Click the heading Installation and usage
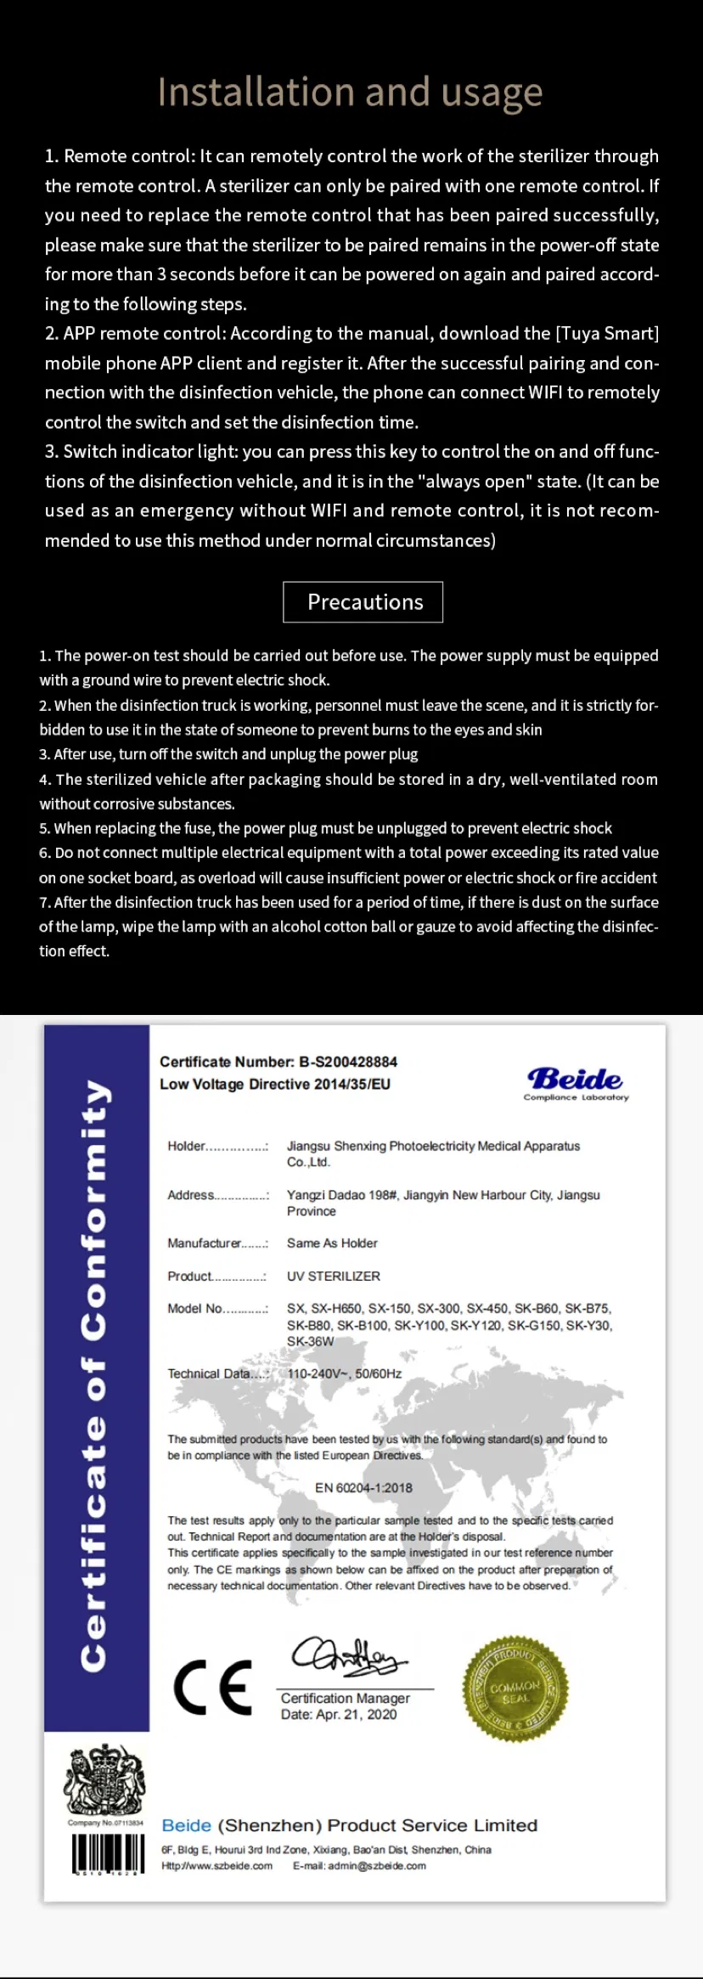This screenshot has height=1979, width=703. [350, 93]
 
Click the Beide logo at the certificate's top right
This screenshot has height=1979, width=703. [576, 1082]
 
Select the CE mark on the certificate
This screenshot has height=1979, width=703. [212, 1688]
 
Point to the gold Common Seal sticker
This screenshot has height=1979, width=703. [515, 1687]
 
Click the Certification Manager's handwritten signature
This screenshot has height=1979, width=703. [348, 1656]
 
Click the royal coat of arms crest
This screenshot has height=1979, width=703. [105, 1781]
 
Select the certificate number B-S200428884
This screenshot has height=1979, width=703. [348, 1062]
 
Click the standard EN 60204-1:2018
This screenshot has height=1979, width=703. [363, 1488]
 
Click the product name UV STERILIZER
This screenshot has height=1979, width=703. [333, 1276]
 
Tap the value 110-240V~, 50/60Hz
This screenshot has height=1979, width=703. [344, 1373]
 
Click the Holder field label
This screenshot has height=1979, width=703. [187, 1146]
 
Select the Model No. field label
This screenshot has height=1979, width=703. [195, 1308]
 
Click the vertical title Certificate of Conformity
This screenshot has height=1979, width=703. [96, 1376]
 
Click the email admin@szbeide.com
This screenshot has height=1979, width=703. [359, 1866]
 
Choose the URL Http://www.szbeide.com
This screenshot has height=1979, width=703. [217, 1866]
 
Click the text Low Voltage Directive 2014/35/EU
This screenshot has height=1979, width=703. [275, 1084]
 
